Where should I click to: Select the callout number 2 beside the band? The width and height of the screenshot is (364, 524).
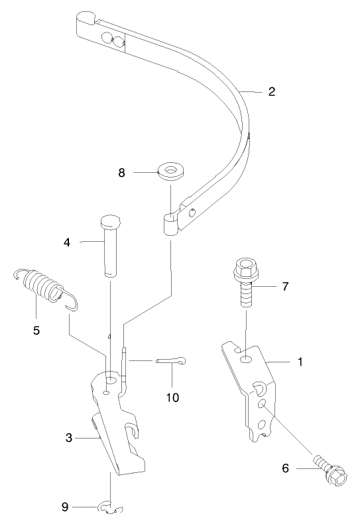coord(272,92)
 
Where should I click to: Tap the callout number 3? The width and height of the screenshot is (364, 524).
coord(68,438)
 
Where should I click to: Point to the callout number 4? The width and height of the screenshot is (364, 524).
coord(67,243)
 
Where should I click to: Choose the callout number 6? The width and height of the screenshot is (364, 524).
coord(286,468)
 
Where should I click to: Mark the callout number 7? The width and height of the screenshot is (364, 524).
coord(285,286)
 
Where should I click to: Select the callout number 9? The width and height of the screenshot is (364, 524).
coord(65,507)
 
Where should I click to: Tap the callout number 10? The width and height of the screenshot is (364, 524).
coord(172,398)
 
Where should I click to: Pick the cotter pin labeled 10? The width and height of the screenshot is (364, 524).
coord(172,361)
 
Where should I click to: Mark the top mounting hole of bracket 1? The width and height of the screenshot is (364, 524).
coord(246,358)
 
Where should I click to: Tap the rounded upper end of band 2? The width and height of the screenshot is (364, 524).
coord(87,19)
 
